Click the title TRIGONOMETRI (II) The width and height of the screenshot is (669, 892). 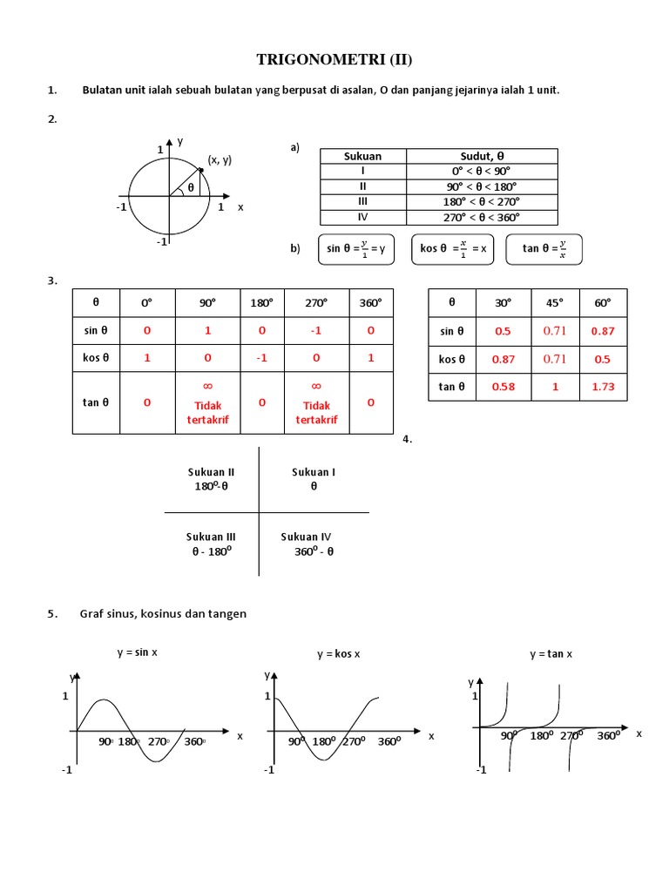point(334,59)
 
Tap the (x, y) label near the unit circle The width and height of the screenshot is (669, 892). point(220,159)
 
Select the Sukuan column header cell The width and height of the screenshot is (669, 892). point(362,156)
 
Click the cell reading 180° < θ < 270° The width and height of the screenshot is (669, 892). point(481,202)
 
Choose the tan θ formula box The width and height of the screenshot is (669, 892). point(544,248)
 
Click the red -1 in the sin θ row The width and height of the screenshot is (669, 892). point(317,330)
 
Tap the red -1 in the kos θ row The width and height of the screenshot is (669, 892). point(262,358)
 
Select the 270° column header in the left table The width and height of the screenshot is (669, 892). point(317,302)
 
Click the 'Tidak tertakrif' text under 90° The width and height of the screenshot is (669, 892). point(207,412)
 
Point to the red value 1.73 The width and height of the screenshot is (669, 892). point(603,387)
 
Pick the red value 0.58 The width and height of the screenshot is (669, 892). point(503,387)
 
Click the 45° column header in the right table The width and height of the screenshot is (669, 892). point(555,302)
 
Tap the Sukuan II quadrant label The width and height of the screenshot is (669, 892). point(211,472)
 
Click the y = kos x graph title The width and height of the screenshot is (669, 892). point(338,653)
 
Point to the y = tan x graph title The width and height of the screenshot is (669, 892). point(551,653)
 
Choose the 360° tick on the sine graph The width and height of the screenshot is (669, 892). point(194,741)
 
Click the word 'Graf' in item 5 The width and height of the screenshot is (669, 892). point(91,614)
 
